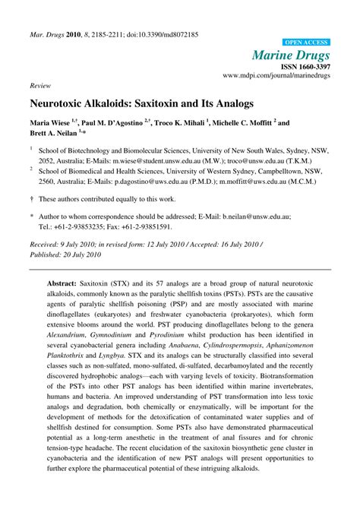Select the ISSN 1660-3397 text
(304, 66)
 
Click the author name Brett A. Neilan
(51, 131)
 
